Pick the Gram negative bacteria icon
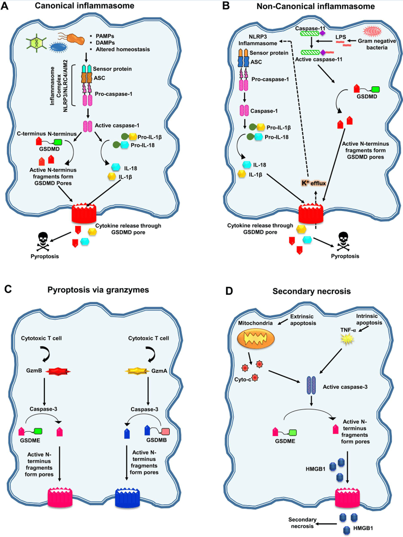coord(375,32)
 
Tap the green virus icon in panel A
coord(37,43)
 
